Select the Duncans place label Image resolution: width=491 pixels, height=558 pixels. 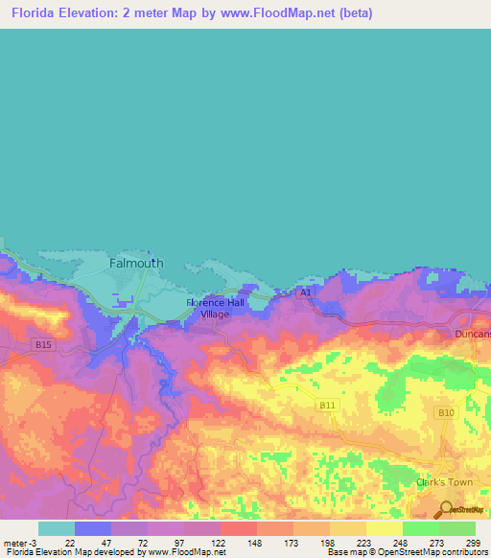click(x=472, y=334)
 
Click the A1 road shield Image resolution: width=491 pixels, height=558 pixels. click(x=305, y=291)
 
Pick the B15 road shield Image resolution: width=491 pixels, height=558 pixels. click(x=42, y=344)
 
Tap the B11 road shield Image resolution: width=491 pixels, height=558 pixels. click(x=327, y=406)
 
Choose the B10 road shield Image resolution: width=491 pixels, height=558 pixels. click(x=445, y=413)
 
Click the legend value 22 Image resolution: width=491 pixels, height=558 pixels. click(x=70, y=542)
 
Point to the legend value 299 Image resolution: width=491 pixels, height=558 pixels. click(x=472, y=542)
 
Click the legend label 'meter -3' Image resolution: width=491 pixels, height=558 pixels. click(x=19, y=542)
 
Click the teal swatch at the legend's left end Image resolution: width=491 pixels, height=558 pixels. click(x=56, y=528)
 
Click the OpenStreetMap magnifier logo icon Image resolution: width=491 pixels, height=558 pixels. click(x=445, y=510)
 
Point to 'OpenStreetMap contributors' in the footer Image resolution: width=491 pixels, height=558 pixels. click(x=433, y=552)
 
